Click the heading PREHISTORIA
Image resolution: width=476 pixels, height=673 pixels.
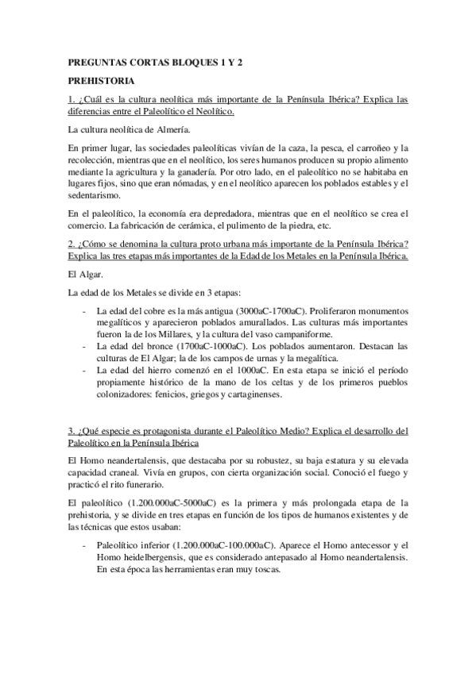click(x=101, y=80)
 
